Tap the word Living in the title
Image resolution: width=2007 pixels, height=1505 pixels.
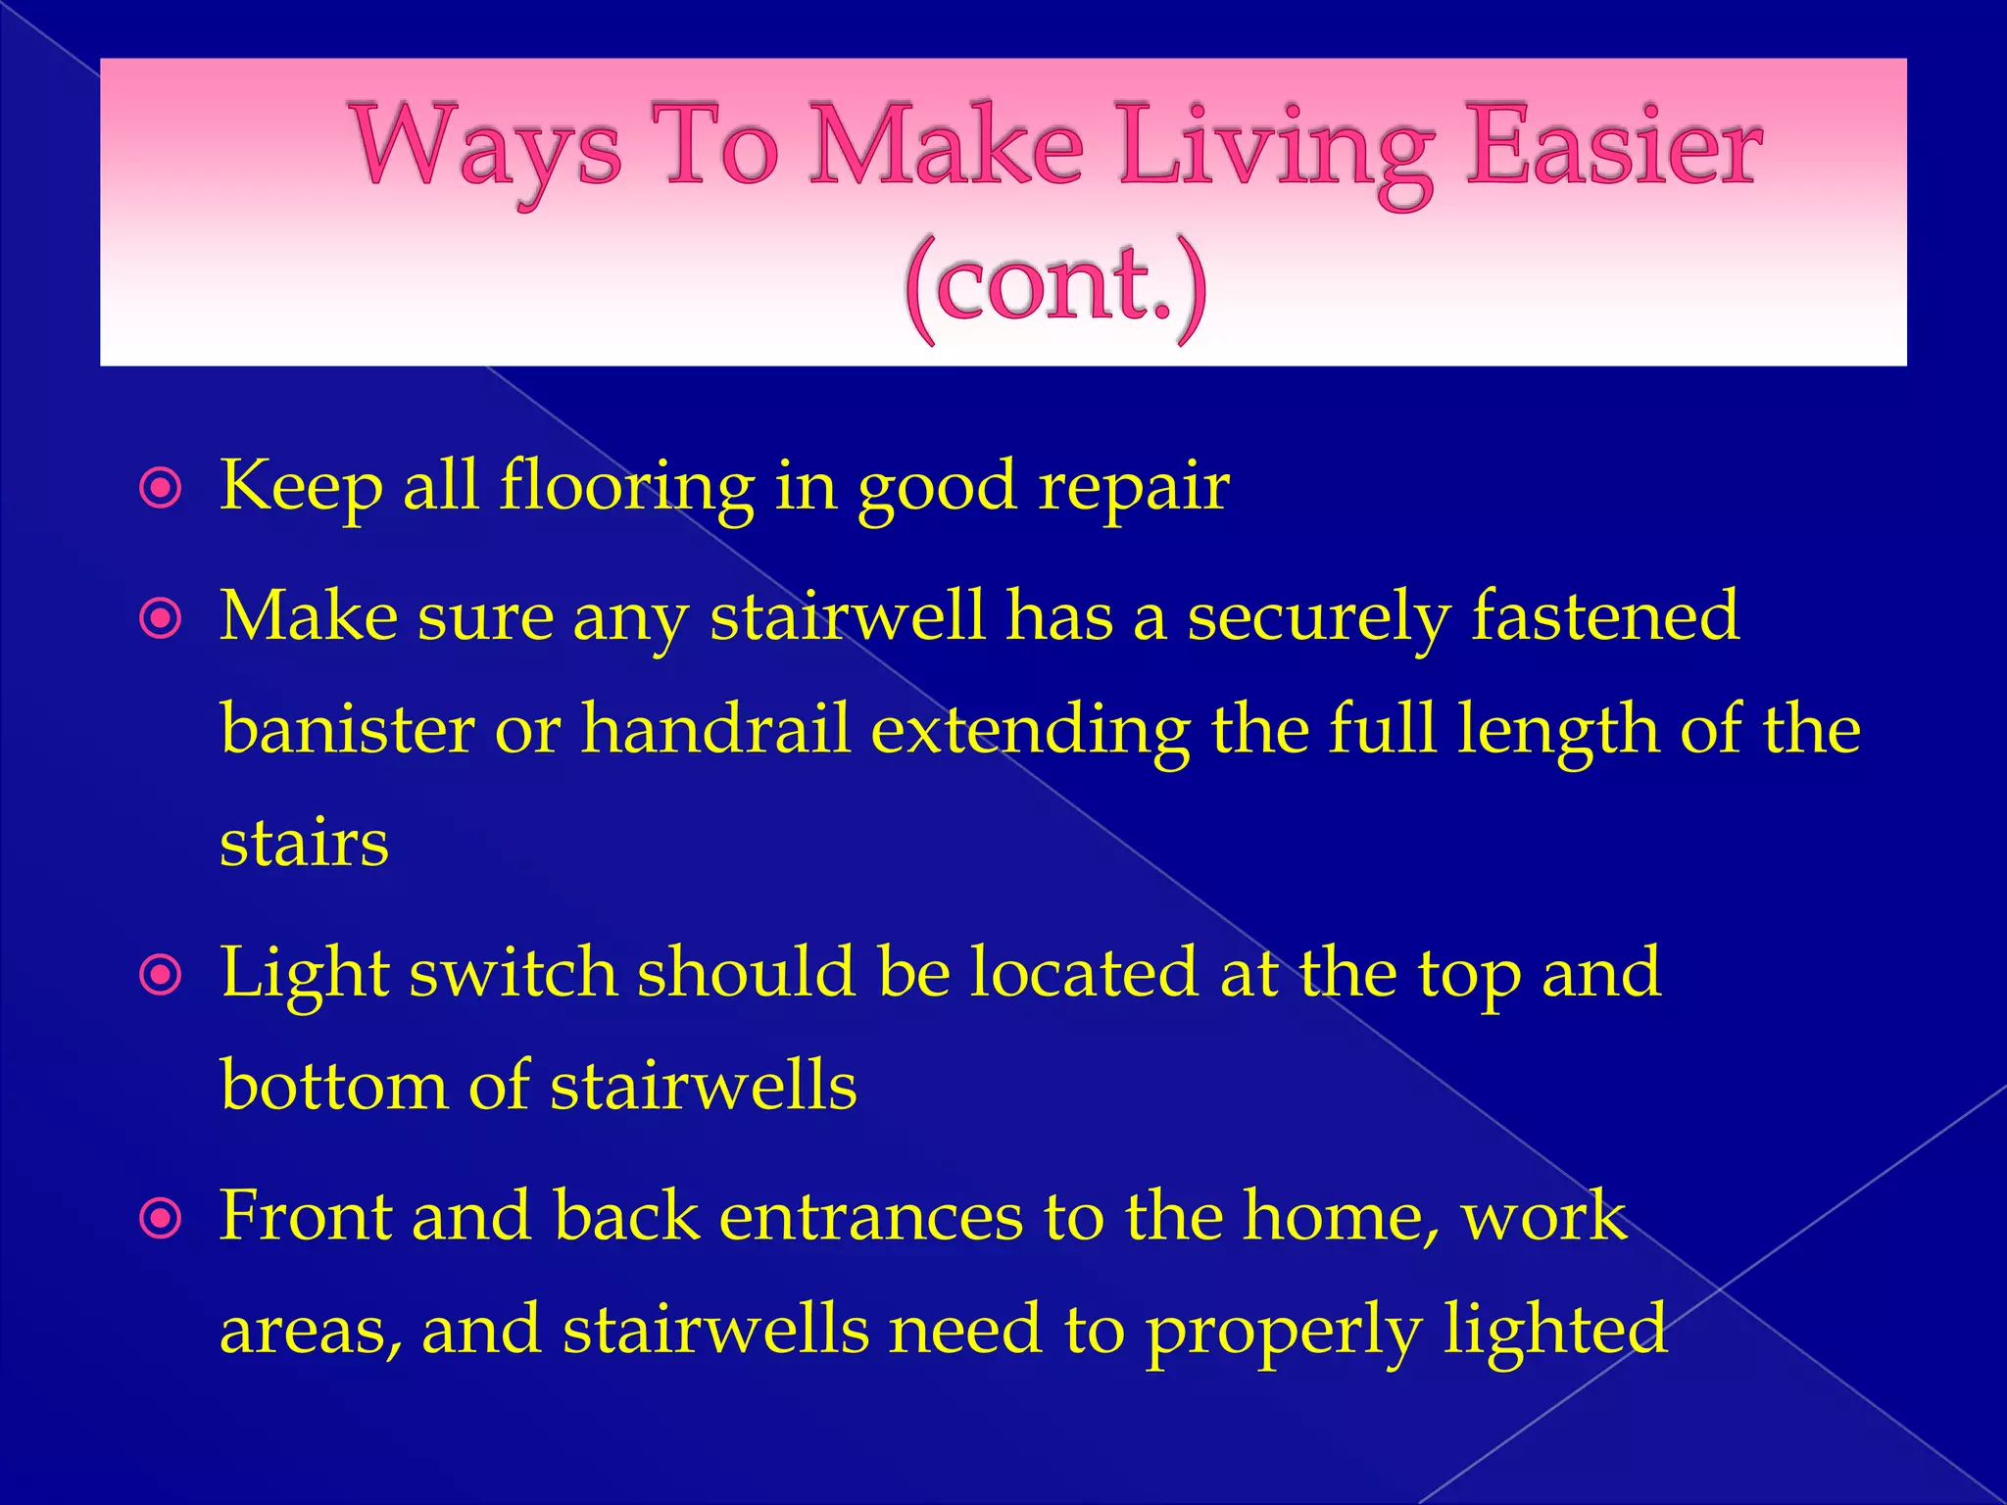pyautogui.click(x=1274, y=152)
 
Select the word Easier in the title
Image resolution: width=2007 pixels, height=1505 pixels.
pyautogui.click(x=1612, y=147)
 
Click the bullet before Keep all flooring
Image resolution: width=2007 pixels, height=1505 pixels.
pyautogui.click(x=161, y=488)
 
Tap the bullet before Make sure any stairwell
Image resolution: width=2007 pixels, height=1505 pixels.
pyautogui.click(x=161, y=618)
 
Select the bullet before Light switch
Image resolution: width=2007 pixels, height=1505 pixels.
pyautogui.click(x=161, y=975)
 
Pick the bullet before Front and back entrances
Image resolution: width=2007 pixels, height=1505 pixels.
pyautogui.click(x=161, y=1219)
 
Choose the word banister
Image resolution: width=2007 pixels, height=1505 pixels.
pyautogui.click(x=348, y=730)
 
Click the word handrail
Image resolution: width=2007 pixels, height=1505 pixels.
pyautogui.click(x=715, y=730)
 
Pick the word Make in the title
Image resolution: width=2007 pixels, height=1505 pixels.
pyautogui.click(x=946, y=147)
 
